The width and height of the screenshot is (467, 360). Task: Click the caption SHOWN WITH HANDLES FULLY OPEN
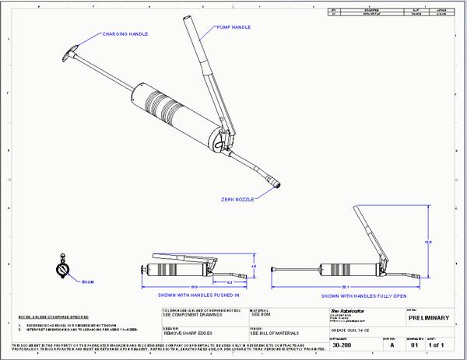(363, 295)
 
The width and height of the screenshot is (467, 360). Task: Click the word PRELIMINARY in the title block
(428, 317)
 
